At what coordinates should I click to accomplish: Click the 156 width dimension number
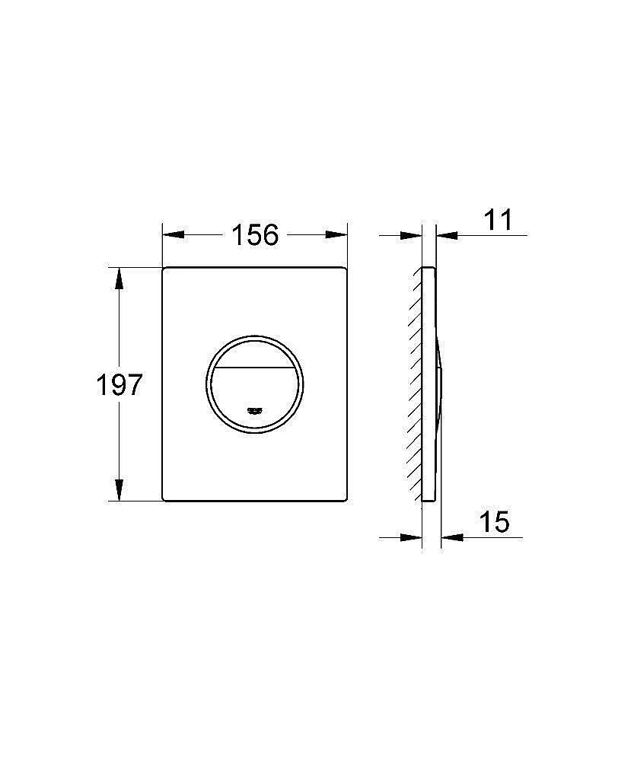point(255,235)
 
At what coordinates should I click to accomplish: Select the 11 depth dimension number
point(498,220)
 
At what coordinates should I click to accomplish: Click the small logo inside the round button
point(254,411)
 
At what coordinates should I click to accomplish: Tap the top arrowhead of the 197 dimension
point(119,279)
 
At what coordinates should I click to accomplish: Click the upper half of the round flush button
point(254,352)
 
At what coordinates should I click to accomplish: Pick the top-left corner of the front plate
point(164,269)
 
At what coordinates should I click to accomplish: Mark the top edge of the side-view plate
point(429,267)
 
